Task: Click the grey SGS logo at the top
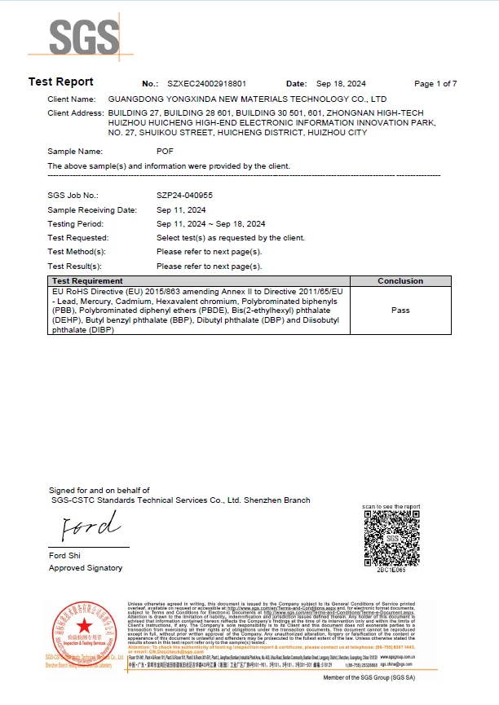click(x=82, y=36)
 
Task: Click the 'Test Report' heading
click(x=61, y=82)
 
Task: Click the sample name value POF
click(x=165, y=152)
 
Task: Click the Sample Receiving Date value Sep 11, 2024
click(x=183, y=209)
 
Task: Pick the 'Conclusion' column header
click(x=400, y=281)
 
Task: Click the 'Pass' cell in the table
click(x=400, y=311)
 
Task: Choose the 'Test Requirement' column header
click(x=87, y=281)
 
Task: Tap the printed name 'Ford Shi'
click(x=66, y=557)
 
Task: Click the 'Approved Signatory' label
click(x=86, y=568)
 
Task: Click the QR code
click(x=391, y=537)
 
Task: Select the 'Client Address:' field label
click(x=76, y=112)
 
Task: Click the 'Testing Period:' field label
click(x=76, y=223)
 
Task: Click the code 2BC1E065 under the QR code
click(x=391, y=571)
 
